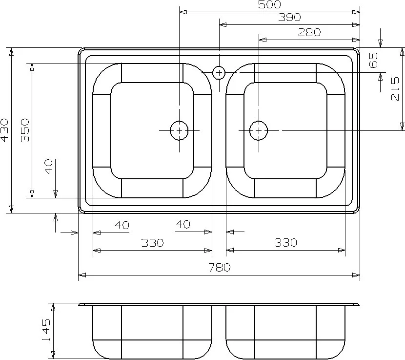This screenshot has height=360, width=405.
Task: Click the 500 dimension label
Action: click(269, 4)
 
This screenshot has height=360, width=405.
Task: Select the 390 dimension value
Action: click(289, 17)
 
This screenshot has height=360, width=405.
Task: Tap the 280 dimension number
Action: click(309, 32)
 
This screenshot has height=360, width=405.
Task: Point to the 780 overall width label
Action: click(219, 267)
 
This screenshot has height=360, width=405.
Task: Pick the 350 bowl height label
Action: click(25, 130)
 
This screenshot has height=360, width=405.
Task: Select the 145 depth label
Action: click(46, 330)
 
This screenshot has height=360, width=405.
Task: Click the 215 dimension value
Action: click(395, 89)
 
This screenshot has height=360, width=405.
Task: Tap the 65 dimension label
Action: click(373, 60)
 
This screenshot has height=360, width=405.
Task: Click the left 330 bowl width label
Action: click(152, 243)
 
